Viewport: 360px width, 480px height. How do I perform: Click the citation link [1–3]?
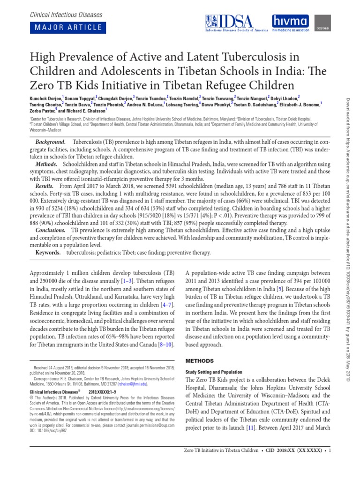coord(128,280)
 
